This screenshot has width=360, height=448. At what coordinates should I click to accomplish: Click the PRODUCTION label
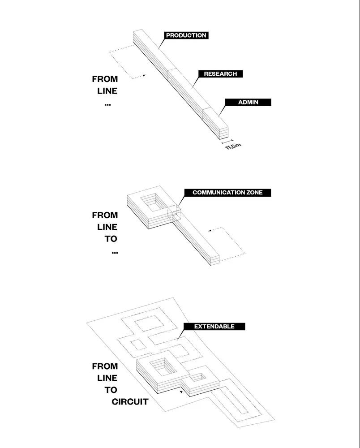coord(186,35)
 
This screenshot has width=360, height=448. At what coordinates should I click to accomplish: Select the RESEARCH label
coord(220,74)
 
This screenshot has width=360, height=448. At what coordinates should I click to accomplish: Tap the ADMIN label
coord(248,102)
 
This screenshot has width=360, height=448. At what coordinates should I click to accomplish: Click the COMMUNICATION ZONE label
coord(227,193)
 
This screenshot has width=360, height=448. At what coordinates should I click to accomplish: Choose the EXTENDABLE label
coord(214,327)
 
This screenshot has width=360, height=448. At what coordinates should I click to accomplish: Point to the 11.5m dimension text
coord(233,146)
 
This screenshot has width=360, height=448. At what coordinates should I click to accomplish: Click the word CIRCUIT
coord(130,401)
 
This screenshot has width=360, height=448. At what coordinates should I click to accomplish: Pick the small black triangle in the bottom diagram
coord(180,392)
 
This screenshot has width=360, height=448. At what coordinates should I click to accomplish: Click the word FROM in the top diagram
coord(105,79)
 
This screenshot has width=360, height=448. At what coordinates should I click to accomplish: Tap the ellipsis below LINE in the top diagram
coord(107,104)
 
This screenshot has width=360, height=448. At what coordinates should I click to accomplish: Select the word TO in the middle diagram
coord(111,239)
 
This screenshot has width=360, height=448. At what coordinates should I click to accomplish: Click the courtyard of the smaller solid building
coord(200,377)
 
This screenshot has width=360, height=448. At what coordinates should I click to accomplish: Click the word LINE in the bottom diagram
coord(107,378)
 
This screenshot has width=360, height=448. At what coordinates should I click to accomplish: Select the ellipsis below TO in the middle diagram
coord(114,252)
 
